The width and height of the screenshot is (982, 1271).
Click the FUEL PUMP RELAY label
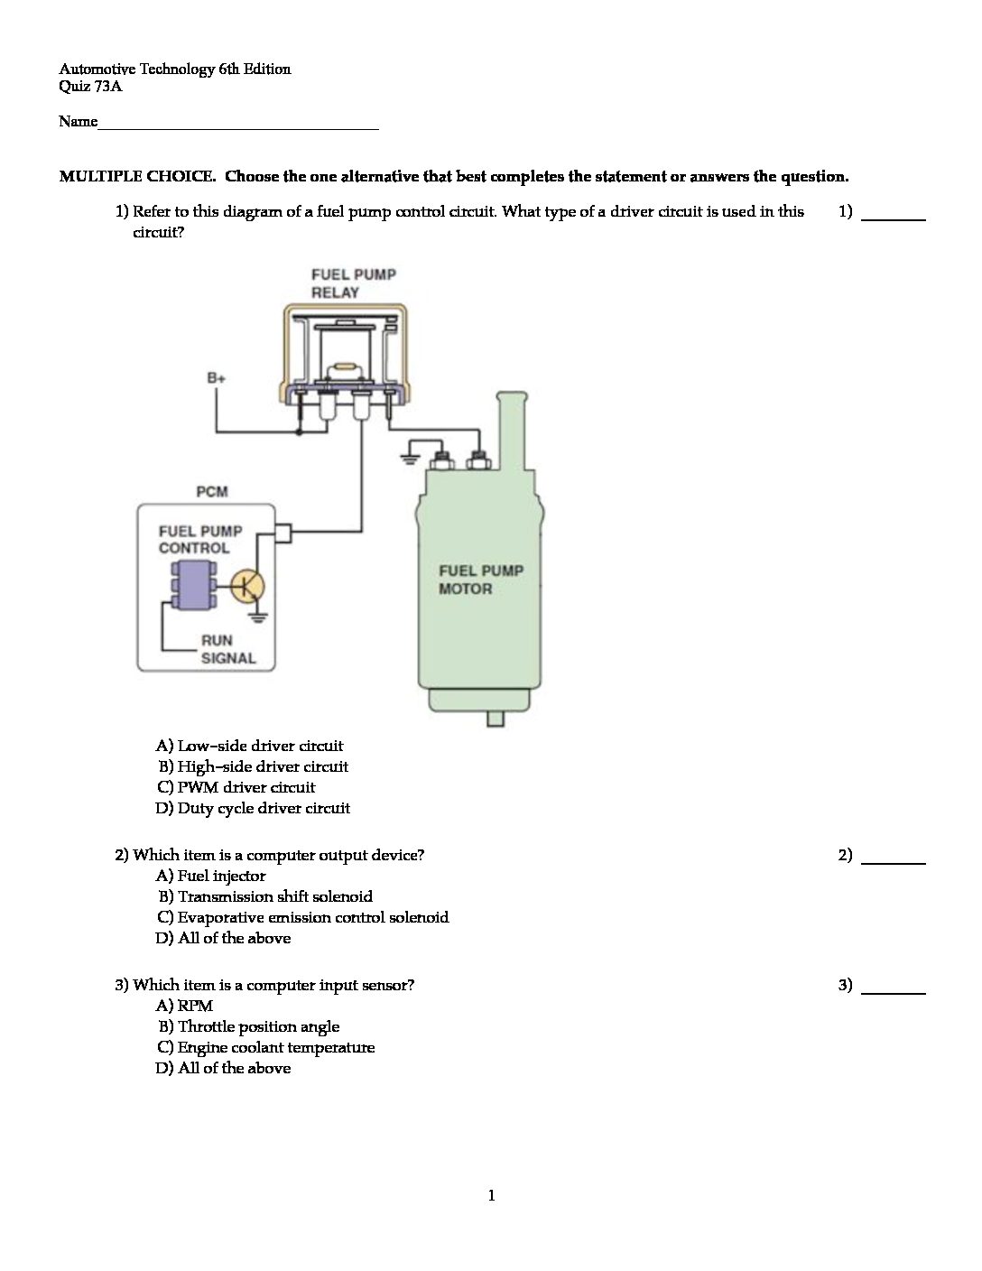coord(353,283)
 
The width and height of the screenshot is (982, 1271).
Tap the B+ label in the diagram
coord(217,378)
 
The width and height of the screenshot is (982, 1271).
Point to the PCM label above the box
coord(212,492)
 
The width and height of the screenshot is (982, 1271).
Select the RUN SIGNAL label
coord(227,649)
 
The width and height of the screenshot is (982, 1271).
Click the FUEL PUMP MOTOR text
coord(480,580)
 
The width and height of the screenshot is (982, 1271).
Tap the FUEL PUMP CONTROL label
coord(199,539)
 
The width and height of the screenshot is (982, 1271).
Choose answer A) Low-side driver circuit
coord(250,746)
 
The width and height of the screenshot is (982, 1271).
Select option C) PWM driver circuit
coord(236,787)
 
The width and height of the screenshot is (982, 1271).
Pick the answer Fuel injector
coord(221,876)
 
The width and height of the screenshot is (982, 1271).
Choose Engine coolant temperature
coord(275,1047)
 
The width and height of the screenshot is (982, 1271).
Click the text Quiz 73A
coord(90,87)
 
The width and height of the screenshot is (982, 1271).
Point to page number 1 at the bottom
coord(491,1196)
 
